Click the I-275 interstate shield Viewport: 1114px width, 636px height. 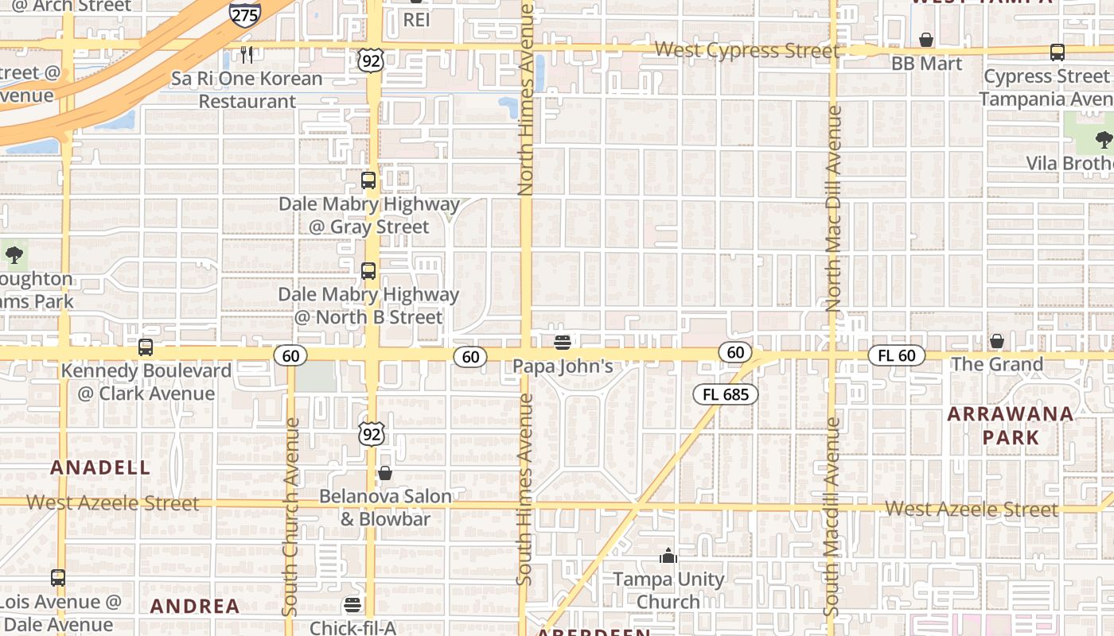pos(244,14)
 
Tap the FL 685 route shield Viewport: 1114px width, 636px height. pos(725,394)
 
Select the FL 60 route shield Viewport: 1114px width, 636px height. pos(897,355)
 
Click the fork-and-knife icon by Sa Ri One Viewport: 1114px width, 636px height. pos(247,55)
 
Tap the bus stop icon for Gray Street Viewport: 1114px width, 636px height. pos(368,180)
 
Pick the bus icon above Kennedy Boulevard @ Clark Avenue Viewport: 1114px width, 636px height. pos(145,347)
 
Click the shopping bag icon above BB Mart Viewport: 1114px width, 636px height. pos(926,40)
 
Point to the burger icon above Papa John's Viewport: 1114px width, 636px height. pos(563,343)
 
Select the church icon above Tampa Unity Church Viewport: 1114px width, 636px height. pos(668,556)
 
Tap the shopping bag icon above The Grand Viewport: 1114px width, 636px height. pos(996,341)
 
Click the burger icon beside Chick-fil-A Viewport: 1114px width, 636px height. pos(352,605)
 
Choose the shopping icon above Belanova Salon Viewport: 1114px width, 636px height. pos(385,473)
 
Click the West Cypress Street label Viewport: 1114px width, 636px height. pos(746,51)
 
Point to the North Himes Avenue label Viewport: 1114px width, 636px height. pos(525,99)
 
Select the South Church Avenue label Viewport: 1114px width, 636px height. pos(290,517)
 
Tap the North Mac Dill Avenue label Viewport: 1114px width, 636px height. pos(833,208)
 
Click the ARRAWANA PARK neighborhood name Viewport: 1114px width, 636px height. pos(1011,425)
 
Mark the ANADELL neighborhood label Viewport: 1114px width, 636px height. pos(100,467)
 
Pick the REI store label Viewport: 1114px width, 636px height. pos(416,19)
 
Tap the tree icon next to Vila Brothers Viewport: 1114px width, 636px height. pos(1104,140)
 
